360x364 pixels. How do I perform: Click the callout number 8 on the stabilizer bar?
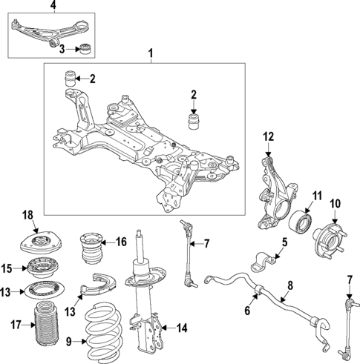point(289,284)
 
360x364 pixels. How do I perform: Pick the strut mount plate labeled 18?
point(36,244)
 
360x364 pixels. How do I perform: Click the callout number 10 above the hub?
point(335,202)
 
